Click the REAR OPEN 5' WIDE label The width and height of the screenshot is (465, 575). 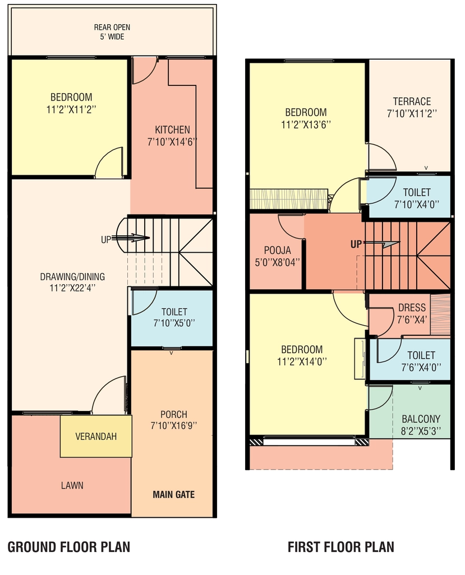point(112,32)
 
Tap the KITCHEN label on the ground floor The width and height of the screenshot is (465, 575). point(172,130)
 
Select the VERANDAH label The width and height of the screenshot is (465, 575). point(96,436)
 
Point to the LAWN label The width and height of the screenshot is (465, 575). point(72,486)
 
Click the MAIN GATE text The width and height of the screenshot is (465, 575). point(174,494)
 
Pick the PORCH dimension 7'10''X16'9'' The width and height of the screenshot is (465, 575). point(174,426)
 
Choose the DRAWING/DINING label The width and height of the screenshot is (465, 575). point(72,276)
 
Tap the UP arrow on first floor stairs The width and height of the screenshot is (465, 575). point(382,243)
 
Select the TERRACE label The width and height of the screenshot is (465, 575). point(412,101)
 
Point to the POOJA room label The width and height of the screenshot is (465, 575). point(278,250)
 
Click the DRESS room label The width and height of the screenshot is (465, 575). point(412,308)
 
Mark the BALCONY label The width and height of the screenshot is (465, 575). point(421,419)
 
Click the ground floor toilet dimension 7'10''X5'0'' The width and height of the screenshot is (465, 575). point(174,323)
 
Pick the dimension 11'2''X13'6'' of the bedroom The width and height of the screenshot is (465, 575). point(306,125)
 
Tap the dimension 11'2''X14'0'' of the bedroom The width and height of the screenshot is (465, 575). point(302,362)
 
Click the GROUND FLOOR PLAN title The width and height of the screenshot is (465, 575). point(69,547)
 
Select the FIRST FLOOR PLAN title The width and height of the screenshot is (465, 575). point(341,547)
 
